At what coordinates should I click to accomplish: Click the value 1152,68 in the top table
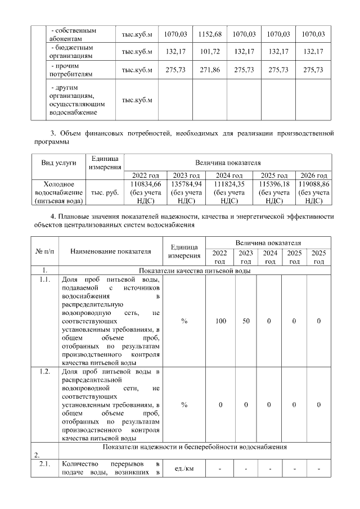click(210, 34)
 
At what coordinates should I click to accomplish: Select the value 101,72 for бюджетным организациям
click(210, 52)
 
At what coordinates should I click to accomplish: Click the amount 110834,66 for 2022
click(146, 184)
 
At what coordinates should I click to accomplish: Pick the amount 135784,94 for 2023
click(186, 184)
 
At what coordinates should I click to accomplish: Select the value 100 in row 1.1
click(220, 321)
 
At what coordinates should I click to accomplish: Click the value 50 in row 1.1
click(246, 321)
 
